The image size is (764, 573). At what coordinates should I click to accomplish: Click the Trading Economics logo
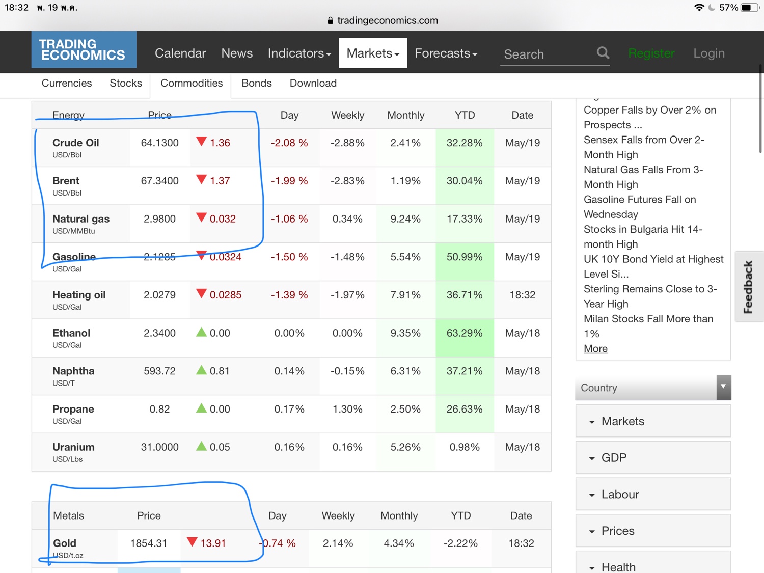[x=84, y=50]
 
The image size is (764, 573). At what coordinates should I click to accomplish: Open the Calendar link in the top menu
[x=180, y=53]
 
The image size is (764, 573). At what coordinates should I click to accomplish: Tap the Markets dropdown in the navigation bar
[x=373, y=53]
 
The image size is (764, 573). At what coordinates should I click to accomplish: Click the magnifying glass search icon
[x=603, y=53]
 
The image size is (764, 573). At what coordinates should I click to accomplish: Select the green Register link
[x=651, y=53]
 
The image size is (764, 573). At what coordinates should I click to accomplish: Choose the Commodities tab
[x=192, y=83]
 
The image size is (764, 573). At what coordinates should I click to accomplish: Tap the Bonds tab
[x=256, y=83]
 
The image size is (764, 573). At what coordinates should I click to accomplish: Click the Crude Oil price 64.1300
[x=159, y=143]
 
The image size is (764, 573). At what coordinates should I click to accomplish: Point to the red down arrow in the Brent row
[x=202, y=179]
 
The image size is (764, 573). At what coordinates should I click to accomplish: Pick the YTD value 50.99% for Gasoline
[x=464, y=257]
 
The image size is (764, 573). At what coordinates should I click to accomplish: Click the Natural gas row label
[x=81, y=219]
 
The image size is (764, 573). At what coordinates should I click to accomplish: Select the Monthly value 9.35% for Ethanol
[x=405, y=333]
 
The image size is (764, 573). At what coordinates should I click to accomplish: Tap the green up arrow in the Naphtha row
[x=202, y=370]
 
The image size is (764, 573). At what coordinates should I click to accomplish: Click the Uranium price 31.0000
[x=159, y=447]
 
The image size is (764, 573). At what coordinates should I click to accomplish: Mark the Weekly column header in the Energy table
[x=347, y=115]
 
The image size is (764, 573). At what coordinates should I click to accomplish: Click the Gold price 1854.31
[x=148, y=543]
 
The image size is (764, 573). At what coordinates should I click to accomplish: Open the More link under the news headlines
[x=595, y=349]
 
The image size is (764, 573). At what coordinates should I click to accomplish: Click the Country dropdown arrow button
[x=723, y=387]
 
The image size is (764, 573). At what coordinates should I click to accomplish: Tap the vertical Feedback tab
[x=748, y=286]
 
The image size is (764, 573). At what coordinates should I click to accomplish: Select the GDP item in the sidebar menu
[x=614, y=458]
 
